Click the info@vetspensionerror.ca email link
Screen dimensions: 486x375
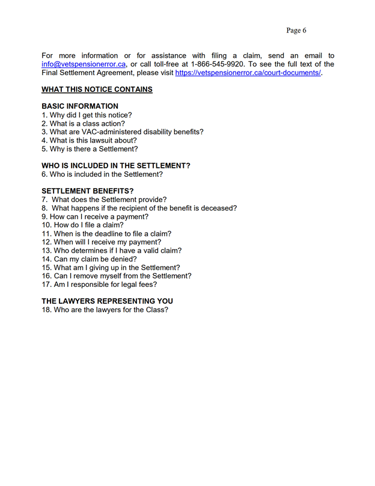pos(84,64)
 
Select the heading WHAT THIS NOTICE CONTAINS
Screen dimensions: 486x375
pos(97,90)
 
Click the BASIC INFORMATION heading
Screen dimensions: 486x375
pos(80,106)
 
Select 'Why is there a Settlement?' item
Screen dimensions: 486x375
pos(90,149)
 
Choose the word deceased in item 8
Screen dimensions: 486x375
pos(221,208)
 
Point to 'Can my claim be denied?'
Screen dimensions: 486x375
pos(90,259)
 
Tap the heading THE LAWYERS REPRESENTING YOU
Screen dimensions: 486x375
pos(107,301)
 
